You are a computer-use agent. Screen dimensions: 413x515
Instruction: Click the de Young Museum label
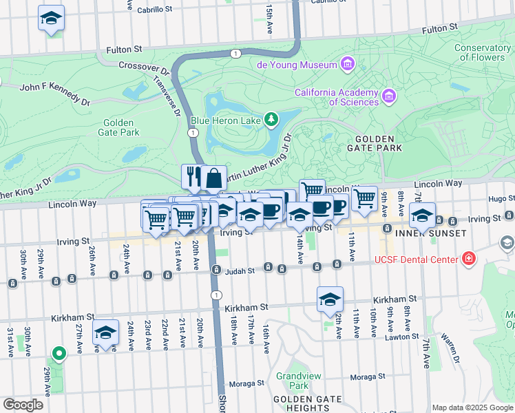coord(297,65)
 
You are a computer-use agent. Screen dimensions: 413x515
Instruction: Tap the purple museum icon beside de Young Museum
coord(347,65)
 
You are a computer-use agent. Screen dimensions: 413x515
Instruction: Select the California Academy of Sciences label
coord(337,97)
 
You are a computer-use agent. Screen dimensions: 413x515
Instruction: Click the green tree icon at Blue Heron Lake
coord(272,120)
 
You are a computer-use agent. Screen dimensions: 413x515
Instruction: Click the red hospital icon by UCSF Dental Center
coord(469,260)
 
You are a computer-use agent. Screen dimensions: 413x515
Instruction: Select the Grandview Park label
coord(293,381)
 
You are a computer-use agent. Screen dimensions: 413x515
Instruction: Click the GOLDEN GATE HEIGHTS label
coord(304,403)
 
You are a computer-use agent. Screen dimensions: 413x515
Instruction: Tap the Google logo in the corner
coord(23,404)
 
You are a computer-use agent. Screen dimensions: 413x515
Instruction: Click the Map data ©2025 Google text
coord(472,407)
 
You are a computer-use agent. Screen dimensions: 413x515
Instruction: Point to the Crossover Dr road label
coord(144,69)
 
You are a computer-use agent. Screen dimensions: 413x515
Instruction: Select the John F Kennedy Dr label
coord(55,94)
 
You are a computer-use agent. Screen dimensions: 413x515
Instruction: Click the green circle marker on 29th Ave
coord(59,354)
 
